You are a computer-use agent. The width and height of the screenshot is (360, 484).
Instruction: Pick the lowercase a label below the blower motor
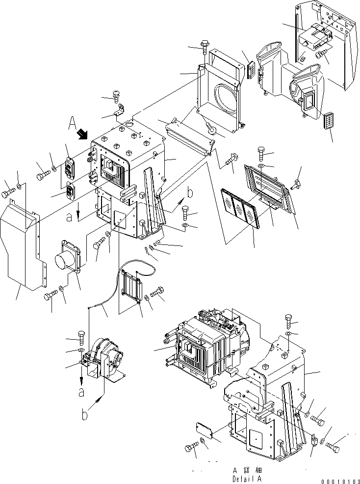pos(81,391)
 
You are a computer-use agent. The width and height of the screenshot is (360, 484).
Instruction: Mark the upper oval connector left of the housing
pos(70,165)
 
